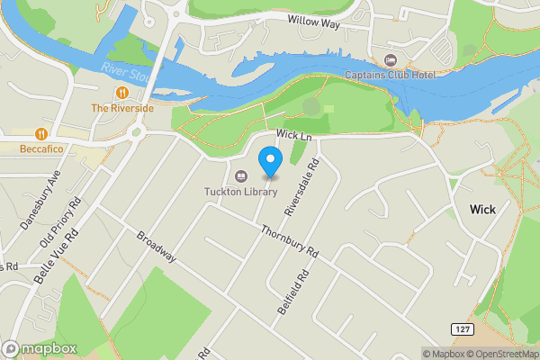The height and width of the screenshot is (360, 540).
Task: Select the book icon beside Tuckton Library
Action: click(240, 175)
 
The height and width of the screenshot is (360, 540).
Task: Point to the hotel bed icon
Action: click(390, 60)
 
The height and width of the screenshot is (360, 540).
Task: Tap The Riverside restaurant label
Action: click(122, 108)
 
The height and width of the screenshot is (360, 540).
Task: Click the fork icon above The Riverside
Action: click(121, 93)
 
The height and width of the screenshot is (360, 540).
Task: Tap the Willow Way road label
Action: click(314, 22)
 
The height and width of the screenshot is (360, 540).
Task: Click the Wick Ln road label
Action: click(293, 135)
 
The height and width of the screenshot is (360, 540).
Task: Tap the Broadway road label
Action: click(157, 248)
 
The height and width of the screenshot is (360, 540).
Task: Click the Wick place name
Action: click(482, 209)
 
